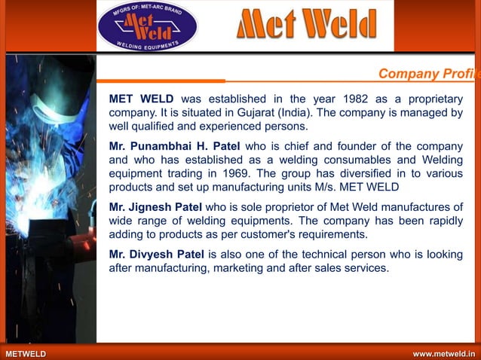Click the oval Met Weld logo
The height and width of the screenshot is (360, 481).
[147, 27]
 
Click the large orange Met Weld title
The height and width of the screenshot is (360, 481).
[306, 26]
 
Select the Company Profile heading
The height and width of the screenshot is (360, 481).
[429, 74]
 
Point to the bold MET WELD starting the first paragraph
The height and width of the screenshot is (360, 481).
[142, 99]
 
